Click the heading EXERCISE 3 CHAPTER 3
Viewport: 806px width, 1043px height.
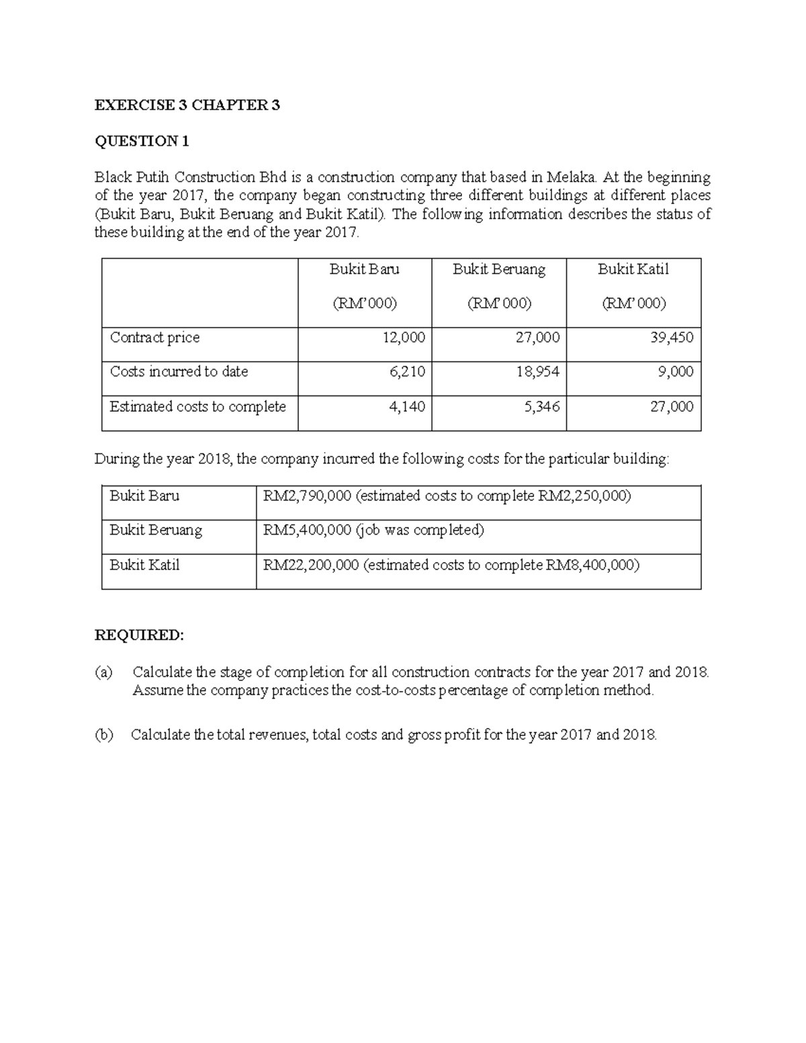click(187, 105)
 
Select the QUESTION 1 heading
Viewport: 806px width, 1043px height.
click(142, 141)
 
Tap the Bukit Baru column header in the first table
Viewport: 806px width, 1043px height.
click(364, 269)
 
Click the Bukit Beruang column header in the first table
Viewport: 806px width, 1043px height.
click(498, 269)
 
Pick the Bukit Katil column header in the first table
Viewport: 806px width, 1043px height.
click(633, 269)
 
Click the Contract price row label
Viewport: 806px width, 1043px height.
click(154, 338)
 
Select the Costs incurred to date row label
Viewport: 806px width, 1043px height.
click(179, 371)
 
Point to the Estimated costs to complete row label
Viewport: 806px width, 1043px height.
click(197, 407)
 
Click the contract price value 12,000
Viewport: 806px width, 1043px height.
click(404, 338)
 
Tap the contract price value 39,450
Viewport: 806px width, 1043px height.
click(672, 338)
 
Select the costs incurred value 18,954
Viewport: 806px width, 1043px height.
click(537, 372)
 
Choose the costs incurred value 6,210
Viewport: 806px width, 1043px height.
click(407, 372)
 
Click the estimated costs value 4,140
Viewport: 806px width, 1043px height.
click(407, 407)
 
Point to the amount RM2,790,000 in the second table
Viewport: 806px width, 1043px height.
click(307, 496)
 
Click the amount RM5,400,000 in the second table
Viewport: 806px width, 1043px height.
click(307, 531)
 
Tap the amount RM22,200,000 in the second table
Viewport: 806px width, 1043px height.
click(311, 565)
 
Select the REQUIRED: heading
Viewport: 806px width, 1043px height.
click(138, 635)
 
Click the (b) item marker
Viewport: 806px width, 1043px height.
click(104, 735)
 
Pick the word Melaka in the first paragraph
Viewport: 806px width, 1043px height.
click(570, 178)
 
